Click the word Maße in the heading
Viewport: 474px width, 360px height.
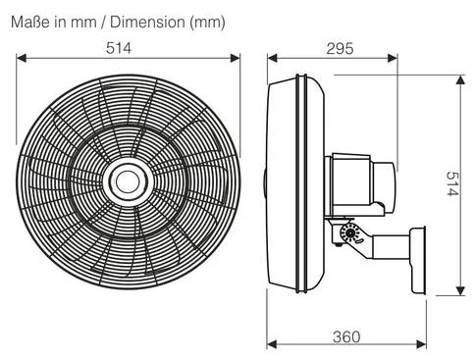coord(30,23)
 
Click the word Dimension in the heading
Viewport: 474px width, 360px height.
coord(147,23)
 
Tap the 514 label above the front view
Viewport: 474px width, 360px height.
coord(119,48)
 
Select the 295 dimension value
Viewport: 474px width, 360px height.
coord(340,48)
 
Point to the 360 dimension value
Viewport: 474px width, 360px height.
coord(346,337)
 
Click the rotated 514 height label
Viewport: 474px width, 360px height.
coord(453,183)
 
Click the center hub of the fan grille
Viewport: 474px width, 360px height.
coord(128,181)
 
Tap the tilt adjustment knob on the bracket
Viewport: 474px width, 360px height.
coord(350,233)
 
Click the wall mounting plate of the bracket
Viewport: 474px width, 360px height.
coord(418,260)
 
